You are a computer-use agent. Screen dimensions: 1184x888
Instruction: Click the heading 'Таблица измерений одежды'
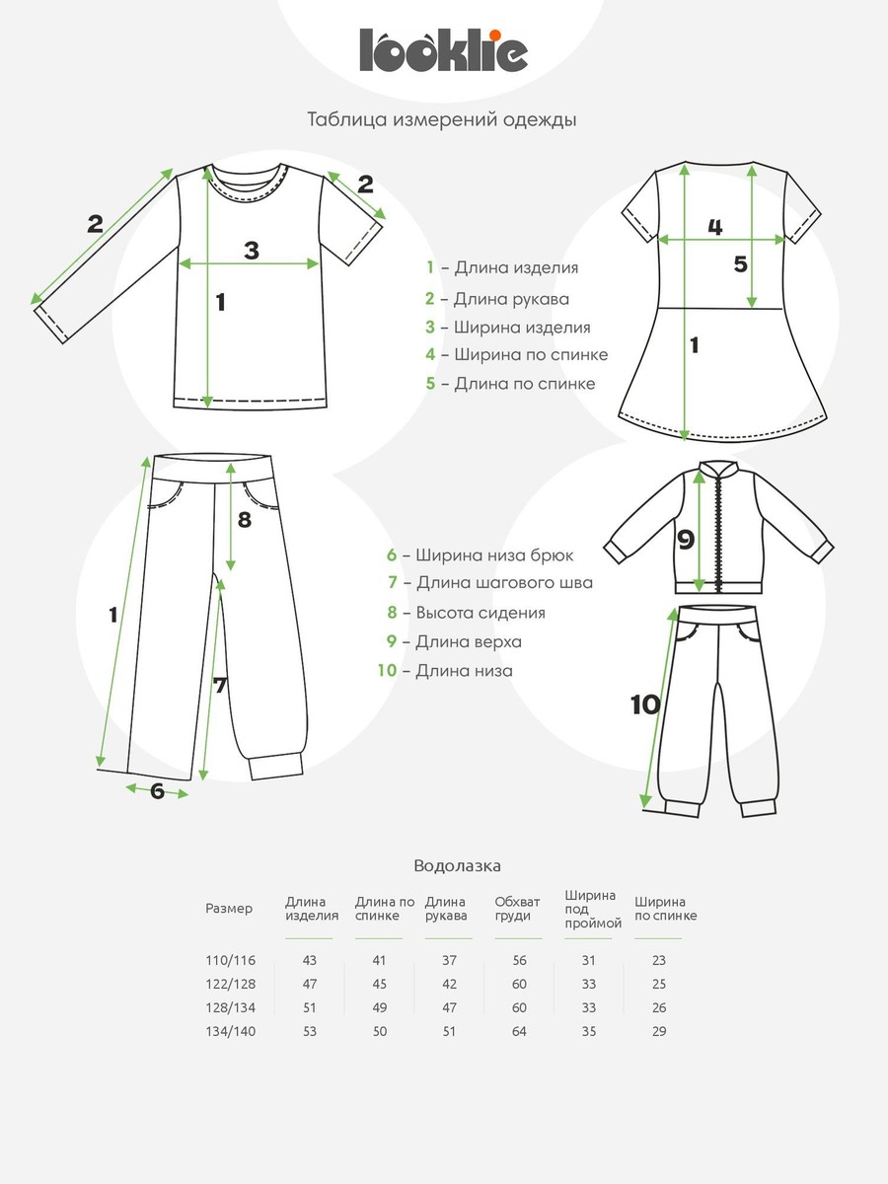tap(442, 120)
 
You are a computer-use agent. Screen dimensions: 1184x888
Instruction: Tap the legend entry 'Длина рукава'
tap(498, 298)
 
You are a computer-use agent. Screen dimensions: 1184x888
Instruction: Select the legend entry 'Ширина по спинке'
tap(517, 354)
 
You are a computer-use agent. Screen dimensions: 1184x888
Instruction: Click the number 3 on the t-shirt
tap(252, 251)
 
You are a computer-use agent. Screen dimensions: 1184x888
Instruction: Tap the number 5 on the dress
tap(741, 264)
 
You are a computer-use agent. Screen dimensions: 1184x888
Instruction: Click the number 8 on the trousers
tap(245, 518)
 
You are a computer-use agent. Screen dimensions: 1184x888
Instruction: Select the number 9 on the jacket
tap(686, 540)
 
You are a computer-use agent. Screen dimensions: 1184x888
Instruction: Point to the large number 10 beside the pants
tap(644, 704)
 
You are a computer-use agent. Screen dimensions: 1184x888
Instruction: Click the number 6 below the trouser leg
tap(157, 790)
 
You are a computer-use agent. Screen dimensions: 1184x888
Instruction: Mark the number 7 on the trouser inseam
tap(220, 685)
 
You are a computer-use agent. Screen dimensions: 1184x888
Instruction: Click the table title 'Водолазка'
tap(457, 866)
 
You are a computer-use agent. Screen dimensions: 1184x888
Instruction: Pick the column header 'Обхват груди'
tap(518, 908)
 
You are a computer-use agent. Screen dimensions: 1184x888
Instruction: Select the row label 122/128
tap(230, 985)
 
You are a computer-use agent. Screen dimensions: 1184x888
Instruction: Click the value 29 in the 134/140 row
tap(659, 1032)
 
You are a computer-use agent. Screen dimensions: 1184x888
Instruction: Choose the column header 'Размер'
tap(229, 909)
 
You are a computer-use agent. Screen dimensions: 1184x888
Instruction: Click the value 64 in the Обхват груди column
tap(519, 1032)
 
